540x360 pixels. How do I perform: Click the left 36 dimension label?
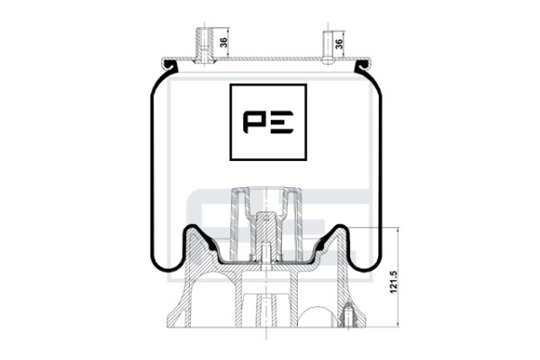(x=223, y=42)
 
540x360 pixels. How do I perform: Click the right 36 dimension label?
(x=339, y=43)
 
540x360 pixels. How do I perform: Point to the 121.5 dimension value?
(x=393, y=282)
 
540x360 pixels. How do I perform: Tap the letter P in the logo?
(x=254, y=122)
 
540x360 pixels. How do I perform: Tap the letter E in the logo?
(x=281, y=122)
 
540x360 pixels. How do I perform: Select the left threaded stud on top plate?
(x=204, y=46)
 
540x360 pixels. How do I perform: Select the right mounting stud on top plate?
(x=328, y=48)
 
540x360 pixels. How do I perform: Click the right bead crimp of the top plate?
(x=363, y=65)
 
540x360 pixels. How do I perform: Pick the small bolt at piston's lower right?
(x=348, y=314)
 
